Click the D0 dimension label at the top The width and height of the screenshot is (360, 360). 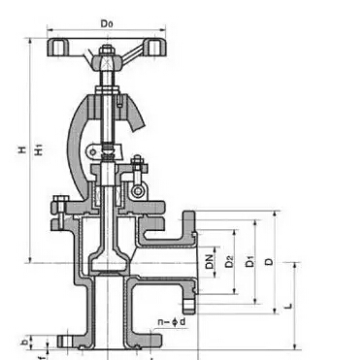[x=107, y=24]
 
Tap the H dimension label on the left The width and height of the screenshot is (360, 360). [x=22, y=149]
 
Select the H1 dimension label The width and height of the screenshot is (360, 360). [x=39, y=150]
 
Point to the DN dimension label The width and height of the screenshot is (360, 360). [x=210, y=262]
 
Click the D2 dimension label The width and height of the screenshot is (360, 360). [x=229, y=262]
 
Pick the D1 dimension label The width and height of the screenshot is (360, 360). [x=250, y=261]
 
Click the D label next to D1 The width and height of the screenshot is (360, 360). [x=269, y=262]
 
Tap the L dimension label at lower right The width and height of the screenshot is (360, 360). [x=289, y=306]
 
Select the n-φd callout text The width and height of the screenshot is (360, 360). [x=172, y=322]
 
